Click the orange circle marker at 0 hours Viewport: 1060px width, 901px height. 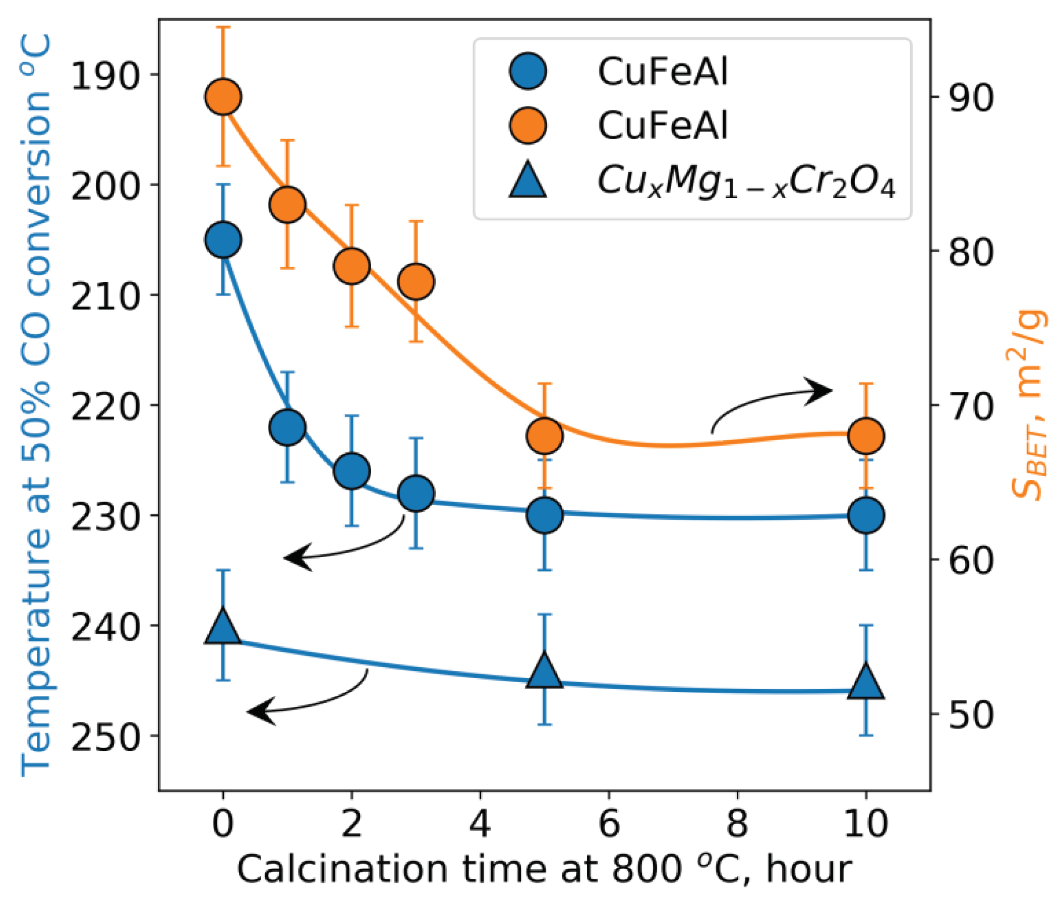click(x=223, y=97)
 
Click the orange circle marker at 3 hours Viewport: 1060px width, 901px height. click(x=417, y=281)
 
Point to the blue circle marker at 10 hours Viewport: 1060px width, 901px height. click(x=866, y=515)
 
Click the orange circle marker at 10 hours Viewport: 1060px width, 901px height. click(x=866, y=436)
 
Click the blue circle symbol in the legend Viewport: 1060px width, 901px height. click(x=527, y=71)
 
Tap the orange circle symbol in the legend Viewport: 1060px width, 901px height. click(x=527, y=125)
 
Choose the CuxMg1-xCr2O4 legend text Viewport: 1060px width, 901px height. click(x=746, y=182)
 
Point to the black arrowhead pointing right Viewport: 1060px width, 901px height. click(x=820, y=391)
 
